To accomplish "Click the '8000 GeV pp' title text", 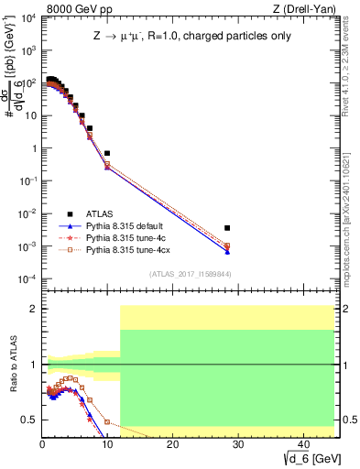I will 70,8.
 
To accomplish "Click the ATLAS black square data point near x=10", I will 107,153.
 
